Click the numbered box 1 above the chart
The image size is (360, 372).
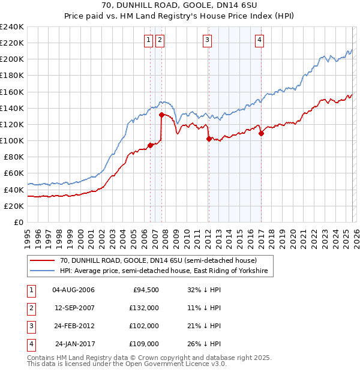pyautogui.click(x=148, y=40)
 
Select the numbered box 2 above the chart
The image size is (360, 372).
pyautogui.click(x=160, y=40)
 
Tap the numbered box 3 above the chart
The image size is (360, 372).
pyautogui.click(x=207, y=40)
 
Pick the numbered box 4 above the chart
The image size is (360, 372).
pyautogui.click(x=259, y=40)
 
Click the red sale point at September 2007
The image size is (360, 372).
pyautogui.click(x=161, y=115)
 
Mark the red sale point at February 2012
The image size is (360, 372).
pyautogui.click(x=209, y=139)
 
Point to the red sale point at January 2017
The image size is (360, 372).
pyautogui.click(x=261, y=133)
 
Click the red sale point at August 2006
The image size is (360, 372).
pyautogui.click(x=150, y=145)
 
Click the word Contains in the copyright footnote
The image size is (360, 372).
pyautogui.click(x=41, y=358)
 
